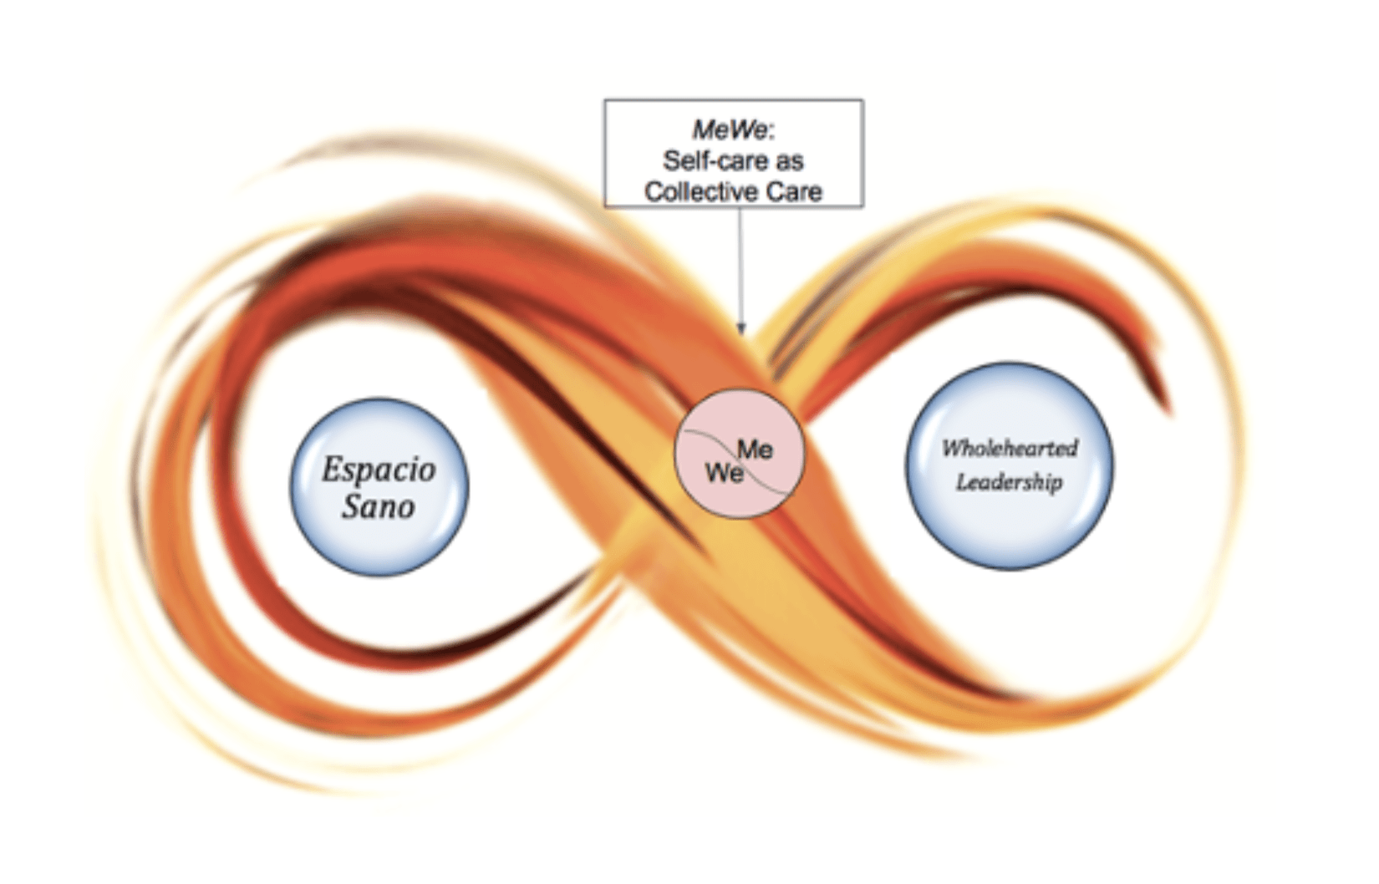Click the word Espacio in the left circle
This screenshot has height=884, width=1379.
[379, 471]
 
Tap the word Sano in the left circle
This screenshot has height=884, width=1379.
[379, 506]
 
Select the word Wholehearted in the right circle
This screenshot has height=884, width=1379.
[1010, 448]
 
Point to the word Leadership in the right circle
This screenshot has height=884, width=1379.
[1010, 482]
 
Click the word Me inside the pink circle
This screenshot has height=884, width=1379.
[755, 450]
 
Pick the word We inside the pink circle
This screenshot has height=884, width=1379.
[724, 473]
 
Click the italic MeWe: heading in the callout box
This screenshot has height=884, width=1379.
[733, 130]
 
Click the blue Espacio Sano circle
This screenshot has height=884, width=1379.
[379, 487]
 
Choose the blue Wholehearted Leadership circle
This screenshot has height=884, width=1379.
[1009, 466]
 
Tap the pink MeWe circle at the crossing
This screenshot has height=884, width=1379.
[740, 454]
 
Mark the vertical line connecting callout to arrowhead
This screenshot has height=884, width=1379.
[740, 265]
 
